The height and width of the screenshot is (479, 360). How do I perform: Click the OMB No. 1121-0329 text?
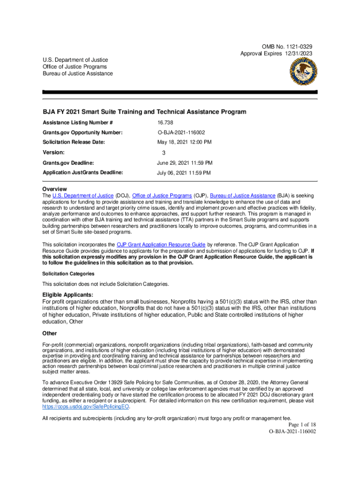287,47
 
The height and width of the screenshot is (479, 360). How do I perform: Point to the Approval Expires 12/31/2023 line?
276,54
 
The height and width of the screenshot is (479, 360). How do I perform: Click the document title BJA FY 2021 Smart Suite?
144,112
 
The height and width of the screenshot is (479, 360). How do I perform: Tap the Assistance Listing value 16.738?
165,123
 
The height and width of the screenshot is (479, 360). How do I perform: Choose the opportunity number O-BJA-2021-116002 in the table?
184,133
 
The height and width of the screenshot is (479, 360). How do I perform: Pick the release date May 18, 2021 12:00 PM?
184,142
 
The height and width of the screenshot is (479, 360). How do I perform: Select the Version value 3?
164,153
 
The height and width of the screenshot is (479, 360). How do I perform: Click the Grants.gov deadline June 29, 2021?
184,163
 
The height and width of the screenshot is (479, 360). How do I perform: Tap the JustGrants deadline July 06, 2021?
183,173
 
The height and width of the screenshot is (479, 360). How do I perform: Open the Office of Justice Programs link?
162,196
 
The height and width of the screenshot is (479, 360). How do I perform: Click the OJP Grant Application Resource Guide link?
161,244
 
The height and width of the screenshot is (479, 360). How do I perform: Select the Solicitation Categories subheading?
68,274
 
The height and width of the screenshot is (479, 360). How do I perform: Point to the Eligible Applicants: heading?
68,295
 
